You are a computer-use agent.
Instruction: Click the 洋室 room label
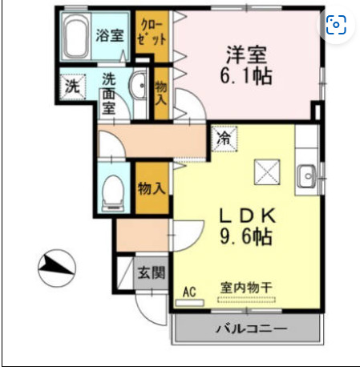pos(247,55)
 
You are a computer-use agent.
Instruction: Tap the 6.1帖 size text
pos(247,78)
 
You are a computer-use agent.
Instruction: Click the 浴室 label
pos(109,34)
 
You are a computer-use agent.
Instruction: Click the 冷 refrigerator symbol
pos(224,138)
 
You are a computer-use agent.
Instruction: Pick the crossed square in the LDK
pos(266,171)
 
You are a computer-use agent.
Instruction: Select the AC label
pos(191,291)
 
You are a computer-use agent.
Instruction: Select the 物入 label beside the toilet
pos(151,189)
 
